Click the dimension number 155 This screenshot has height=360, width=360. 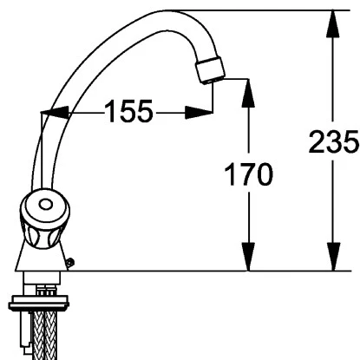128,111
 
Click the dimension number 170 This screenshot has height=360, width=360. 248,174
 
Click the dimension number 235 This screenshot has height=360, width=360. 333,141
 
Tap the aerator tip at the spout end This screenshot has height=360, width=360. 210,70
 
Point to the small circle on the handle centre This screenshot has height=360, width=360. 45,205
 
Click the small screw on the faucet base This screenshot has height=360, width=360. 70,262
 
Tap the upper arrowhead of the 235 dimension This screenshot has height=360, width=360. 333,23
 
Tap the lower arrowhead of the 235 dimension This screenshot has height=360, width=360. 333,257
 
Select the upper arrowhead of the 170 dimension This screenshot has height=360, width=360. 248,92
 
